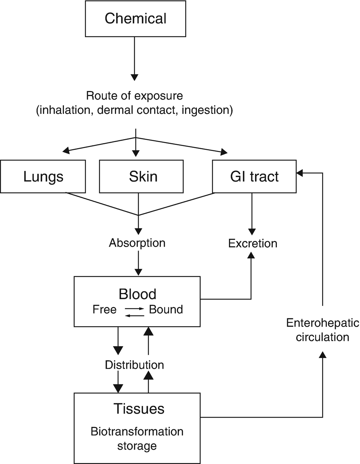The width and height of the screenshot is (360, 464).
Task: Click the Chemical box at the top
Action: pyautogui.click(x=135, y=19)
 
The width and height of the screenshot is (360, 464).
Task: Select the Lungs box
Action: pyautogui.click(x=43, y=177)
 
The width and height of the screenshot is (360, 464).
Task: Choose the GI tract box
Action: pyautogui.click(x=254, y=177)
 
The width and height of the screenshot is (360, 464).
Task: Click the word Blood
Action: pyautogui.click(x=137, y=294)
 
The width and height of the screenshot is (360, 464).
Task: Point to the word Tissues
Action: pyautogui.click(x=139, y=409)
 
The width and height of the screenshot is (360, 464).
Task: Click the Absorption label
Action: pyautogui.click(x=137, y=243)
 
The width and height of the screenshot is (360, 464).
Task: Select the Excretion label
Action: pyautogui.click(x=253, y=243)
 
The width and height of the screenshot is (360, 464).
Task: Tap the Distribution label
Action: pyautogui.click(x=134, y=365)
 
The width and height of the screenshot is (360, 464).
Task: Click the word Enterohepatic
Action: pyautogui.click(x=323, y=323)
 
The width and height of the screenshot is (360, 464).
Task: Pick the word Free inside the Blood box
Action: pyautogui.click(x=104, y=309)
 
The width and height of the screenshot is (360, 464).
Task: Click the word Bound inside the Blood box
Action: pyautogui.click(x=166, y=309)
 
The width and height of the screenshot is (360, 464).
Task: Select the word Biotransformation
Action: pyautogui.click(x=137, y=432)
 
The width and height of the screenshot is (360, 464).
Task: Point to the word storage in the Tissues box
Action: pyautogui.click(x=137, y=446)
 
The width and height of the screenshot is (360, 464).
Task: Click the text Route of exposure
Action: pyautogui.click(x=135, y=96)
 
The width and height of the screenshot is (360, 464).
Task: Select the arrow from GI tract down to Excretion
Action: pyautogui.click(x=252, y=212)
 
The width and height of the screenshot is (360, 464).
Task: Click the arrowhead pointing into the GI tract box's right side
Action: pyautogui.click(x=300, y=173)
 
